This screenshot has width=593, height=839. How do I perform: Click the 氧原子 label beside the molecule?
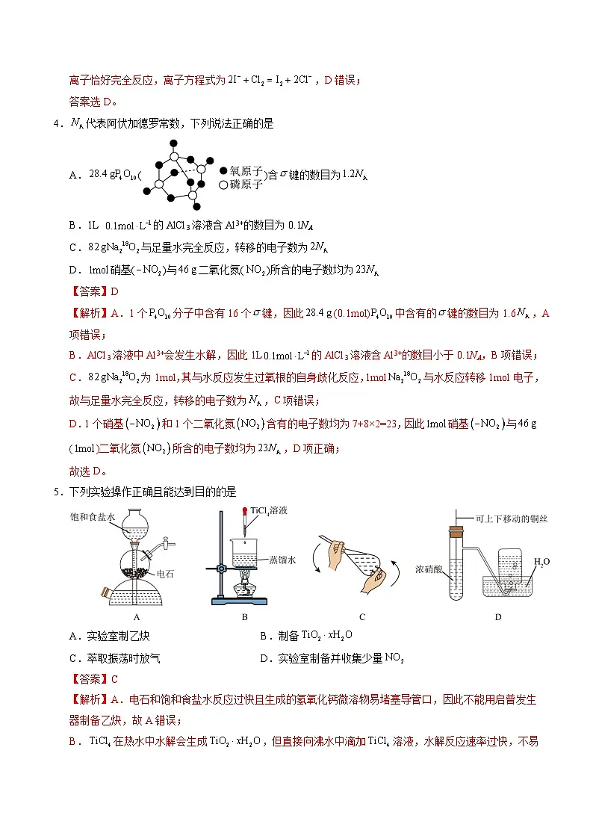246,170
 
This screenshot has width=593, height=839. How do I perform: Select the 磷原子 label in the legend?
246,185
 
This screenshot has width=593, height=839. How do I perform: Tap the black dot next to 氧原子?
223,170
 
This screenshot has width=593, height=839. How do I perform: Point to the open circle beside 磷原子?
223,185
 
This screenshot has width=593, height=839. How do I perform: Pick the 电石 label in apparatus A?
165,573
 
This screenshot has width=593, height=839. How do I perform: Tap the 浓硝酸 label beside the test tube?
429,569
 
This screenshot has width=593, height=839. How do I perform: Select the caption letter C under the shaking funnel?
361,617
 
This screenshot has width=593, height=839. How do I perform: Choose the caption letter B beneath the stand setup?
244,617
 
